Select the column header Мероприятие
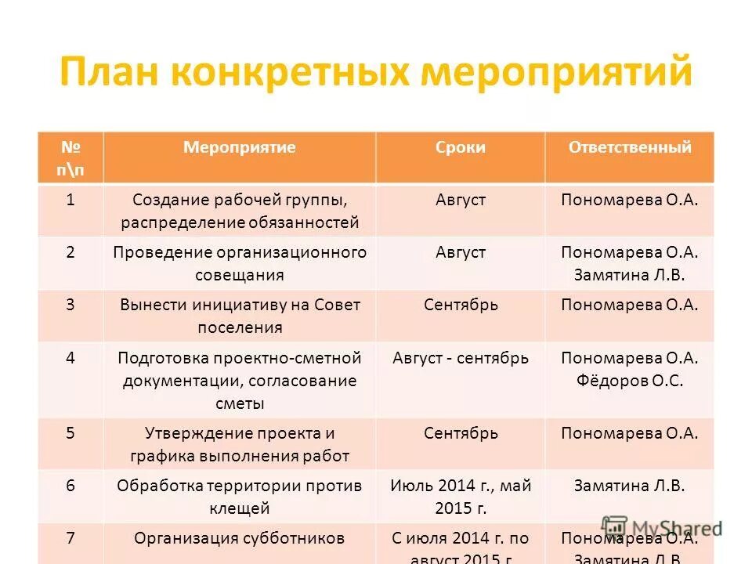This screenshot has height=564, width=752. (x=239, y=147)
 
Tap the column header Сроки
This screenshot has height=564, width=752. (x=461, y=147)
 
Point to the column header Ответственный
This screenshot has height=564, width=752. (x=630, y=147)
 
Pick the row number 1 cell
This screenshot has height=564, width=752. (x=70, y=200)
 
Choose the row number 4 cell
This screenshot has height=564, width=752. (x=70, y=358)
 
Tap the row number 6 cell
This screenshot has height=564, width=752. (x=70, y=486)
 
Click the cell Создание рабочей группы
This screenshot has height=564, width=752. (x=240, y=211)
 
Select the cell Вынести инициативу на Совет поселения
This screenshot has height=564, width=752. (x=240, y=316)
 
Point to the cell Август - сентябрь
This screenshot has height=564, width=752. (x=461, y=358)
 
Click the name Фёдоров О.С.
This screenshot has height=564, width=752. (x=629, y=381)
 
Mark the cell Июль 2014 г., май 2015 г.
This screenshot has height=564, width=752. (x=461, y=497)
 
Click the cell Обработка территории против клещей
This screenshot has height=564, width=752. (x=240, y=497)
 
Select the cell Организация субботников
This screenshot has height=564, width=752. (x=240, y=538)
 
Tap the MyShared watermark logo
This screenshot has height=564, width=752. (x=662, y=529)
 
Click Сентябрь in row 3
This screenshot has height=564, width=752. (x=461, y=305)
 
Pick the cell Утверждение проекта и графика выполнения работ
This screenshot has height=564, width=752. (x=240, y=444)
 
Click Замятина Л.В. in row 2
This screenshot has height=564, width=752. (x=629, y=275)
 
